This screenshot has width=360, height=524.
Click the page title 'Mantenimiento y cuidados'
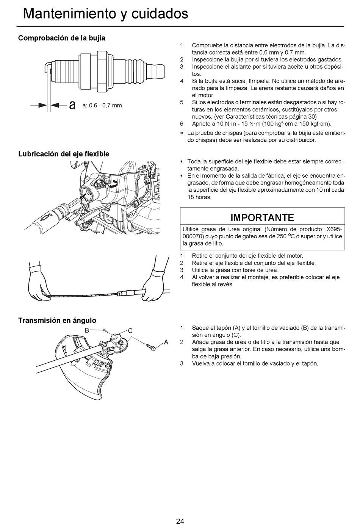click(x=105, y=14)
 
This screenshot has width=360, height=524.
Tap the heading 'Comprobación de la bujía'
click(x=62, y=38)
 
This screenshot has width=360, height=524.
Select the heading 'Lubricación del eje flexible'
click(x=64, y=154)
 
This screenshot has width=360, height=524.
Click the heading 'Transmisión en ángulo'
click(x=57, y=320)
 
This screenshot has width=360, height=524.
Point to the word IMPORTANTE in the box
click(x=262, y=217)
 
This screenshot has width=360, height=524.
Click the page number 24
click(x=180, y=521)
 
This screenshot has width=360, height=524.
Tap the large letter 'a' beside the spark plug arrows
click(x=72, y=105)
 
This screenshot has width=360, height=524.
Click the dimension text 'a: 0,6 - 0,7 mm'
click(x=102, y=105)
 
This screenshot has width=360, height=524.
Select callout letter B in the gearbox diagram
click(x=87, y=330)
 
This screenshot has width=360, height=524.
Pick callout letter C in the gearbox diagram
click(x=130, y=330)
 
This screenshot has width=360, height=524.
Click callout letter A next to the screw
click(x=166, y=342)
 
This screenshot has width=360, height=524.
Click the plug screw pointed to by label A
click(x=151, y=347)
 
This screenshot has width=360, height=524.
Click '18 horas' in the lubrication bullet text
click(x=199, y=197)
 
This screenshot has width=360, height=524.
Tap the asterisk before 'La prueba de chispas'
click(x=182, y=133)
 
